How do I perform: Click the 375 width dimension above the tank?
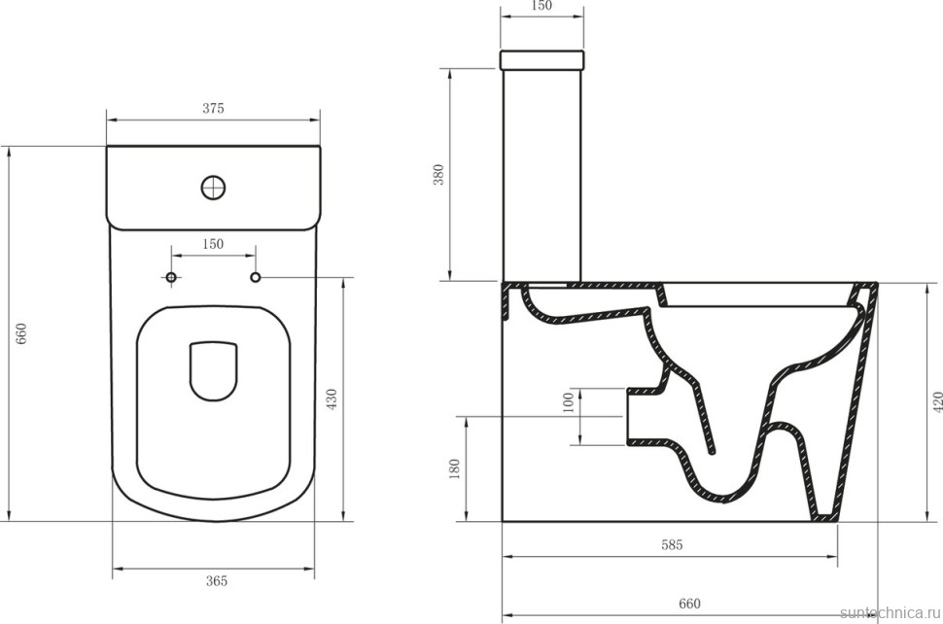point(213,109)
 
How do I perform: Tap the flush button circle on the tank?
point(213,186)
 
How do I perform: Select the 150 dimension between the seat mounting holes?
point(213,244)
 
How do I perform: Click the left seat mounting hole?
point(172,279)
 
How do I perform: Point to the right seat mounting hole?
point(257,279)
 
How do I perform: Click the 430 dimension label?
point(332,399)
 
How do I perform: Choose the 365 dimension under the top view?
point(216,580)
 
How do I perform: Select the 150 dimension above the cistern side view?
point(541,7)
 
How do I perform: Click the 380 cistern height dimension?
point(438,175)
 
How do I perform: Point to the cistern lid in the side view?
point(541,60)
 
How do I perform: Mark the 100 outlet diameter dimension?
point(569,403)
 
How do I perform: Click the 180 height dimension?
point(454,468)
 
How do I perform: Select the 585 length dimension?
point(672,545)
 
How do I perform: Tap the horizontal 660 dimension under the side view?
point(689,604)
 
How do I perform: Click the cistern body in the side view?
point(541,175)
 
